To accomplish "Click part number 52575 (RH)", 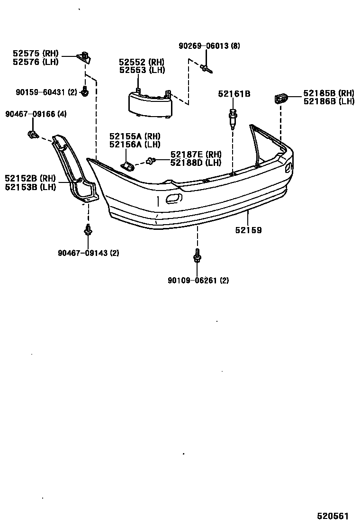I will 36,54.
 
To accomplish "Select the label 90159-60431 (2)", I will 45,92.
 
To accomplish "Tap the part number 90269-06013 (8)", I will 209,46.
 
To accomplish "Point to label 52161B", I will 234,94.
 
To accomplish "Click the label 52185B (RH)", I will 329,93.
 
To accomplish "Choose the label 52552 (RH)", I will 142,62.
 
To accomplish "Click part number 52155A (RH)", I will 135,136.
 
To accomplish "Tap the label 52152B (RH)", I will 30,179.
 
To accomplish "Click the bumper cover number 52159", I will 248,230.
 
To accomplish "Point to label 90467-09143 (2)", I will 89,253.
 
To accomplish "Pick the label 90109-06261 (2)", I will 198,281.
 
